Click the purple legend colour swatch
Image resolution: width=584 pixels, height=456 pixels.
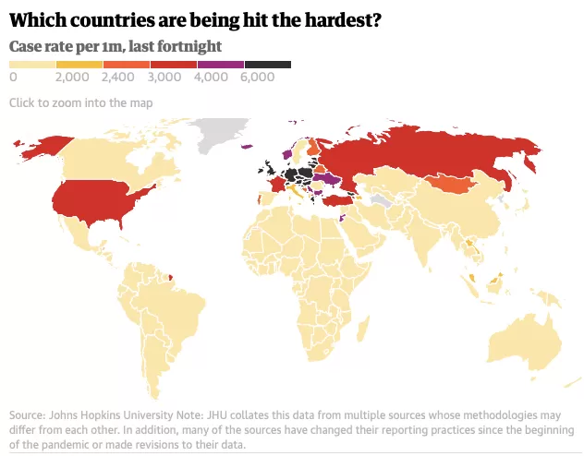pos(221,65)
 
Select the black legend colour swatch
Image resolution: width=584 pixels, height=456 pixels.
pos(268,65)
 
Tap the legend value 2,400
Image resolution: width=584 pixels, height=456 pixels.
pos(118,77)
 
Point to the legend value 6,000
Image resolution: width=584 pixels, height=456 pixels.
pos(258,77)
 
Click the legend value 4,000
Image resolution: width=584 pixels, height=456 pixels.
pos(211,77)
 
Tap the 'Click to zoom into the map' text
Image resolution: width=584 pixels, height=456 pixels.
pos(80,102)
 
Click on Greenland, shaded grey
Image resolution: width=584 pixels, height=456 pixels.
pos(220,134)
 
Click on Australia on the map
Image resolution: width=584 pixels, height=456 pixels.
pos(525,342)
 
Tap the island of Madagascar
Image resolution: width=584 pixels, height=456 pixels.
pos(363,328)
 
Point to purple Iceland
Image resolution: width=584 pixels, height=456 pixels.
pos(247,147)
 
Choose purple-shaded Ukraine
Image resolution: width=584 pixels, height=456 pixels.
pos(327,178)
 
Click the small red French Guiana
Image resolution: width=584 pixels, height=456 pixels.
pos(171,277)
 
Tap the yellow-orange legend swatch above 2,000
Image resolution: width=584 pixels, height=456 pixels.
pos(79,65)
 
